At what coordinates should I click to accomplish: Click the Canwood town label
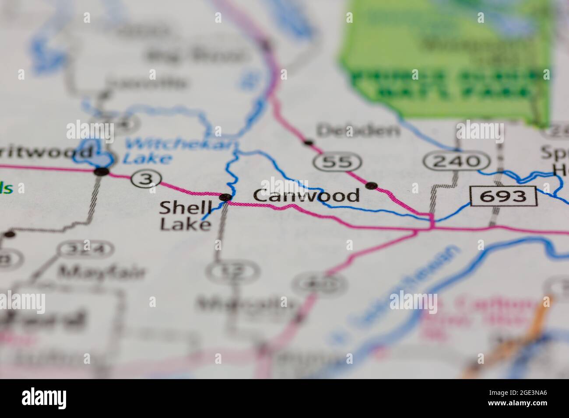[x=306, y=195]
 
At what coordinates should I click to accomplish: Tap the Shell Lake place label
[x=185, y=215]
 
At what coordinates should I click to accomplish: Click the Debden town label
[x=358, y=130]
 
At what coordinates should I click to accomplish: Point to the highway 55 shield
[x=338, y=162]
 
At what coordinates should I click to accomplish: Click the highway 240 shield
[x=457, y=161]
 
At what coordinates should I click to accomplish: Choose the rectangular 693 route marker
[x=503, y=196]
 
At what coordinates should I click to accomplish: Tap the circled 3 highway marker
[x=146, y=178]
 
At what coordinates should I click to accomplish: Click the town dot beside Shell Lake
[x=225, y=198]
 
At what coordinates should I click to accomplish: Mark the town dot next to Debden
[x=308, y=143]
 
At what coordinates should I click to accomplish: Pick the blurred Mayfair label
[x=102, y=272]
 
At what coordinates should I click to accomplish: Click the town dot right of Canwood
[x=372, y=186]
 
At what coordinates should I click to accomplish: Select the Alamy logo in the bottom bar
[x=44, y=398]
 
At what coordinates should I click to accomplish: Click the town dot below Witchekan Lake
[x=102, y=171]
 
